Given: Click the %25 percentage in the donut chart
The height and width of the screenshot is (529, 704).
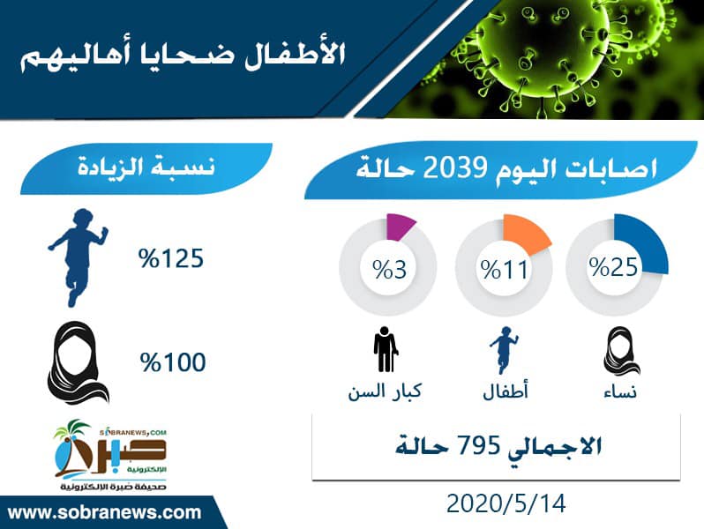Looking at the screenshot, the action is (613, 267).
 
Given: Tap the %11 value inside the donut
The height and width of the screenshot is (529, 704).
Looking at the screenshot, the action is (505, 270).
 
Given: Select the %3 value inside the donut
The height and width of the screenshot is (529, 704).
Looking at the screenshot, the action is (390, 270).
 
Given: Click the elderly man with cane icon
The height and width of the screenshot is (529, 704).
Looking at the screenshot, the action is (386, 349).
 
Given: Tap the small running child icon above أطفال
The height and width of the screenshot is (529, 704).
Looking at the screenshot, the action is (505, 350).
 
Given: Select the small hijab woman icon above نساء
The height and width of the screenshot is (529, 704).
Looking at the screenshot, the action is (621, 351).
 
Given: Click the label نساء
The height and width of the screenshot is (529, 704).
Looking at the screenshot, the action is (620, 392).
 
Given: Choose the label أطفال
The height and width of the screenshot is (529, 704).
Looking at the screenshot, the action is (506, 390).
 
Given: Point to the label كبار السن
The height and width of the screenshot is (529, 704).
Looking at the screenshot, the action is (385, 391).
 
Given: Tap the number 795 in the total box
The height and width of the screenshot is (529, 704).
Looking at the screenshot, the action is (479, 445).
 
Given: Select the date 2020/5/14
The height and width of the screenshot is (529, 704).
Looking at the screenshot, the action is (506, 503).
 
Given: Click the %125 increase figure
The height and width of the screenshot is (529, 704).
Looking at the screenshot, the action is (171, 258).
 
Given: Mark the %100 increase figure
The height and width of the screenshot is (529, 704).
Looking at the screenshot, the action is (173, 362).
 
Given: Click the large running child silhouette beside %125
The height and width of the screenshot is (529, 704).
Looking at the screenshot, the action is (79, 257).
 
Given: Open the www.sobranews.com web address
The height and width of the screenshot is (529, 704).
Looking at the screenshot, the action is (105, 513).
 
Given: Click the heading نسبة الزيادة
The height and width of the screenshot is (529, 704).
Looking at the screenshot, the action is (146, 167).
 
